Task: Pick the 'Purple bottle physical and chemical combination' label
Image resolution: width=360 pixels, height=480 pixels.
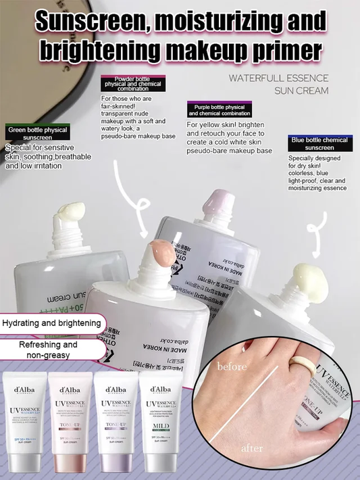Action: pyautogui.click(x=218, y=110)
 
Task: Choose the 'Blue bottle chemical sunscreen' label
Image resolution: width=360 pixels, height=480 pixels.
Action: pyautogui.click(x=319, y=143)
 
